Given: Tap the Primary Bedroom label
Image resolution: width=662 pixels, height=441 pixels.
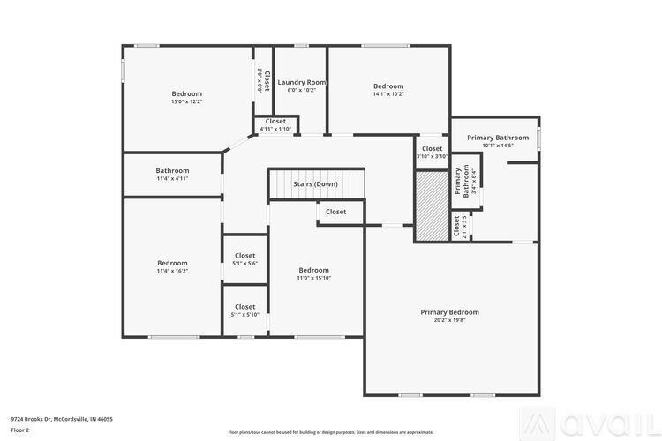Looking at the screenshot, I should [x=449, y=312].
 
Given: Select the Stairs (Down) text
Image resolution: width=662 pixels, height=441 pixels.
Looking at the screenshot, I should [x=315, y=184].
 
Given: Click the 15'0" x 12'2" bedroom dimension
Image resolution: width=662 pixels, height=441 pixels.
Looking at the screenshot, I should [x=186, y=101].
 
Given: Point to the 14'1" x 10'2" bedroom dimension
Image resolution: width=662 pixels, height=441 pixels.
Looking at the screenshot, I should [x=388, y=94].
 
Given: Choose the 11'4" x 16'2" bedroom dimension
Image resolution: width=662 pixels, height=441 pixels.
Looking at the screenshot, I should [x=172, y=271].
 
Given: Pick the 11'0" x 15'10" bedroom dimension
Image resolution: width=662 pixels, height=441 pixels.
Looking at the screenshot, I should [x=313, y=278].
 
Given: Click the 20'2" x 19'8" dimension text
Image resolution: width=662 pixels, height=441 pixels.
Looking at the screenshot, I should [x=449, y=320].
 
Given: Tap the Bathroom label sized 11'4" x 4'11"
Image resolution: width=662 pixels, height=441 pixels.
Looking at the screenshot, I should [x=172, y=170].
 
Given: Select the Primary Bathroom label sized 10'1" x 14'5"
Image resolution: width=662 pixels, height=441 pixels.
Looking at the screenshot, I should [x=493, y=138].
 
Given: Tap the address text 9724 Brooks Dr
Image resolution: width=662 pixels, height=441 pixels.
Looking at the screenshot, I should [x=62, y=419].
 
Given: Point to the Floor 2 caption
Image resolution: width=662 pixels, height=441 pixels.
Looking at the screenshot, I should [x=20, y=430].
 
